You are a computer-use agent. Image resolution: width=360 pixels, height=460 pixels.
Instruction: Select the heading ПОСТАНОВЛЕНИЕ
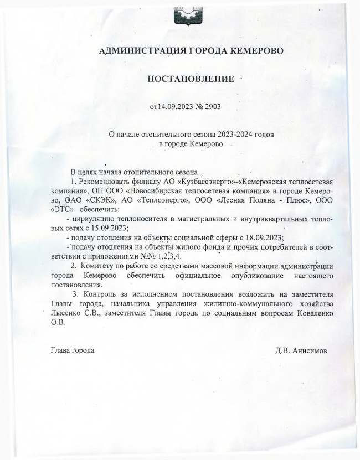[189, 79]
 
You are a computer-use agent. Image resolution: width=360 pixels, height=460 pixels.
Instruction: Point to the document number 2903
[213, 106]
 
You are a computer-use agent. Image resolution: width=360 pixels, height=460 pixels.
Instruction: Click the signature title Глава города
[73, 350]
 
